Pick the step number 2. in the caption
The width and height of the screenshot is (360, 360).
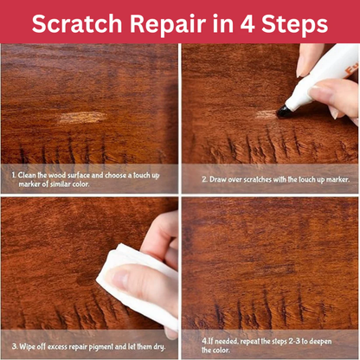tap(204, 179)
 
